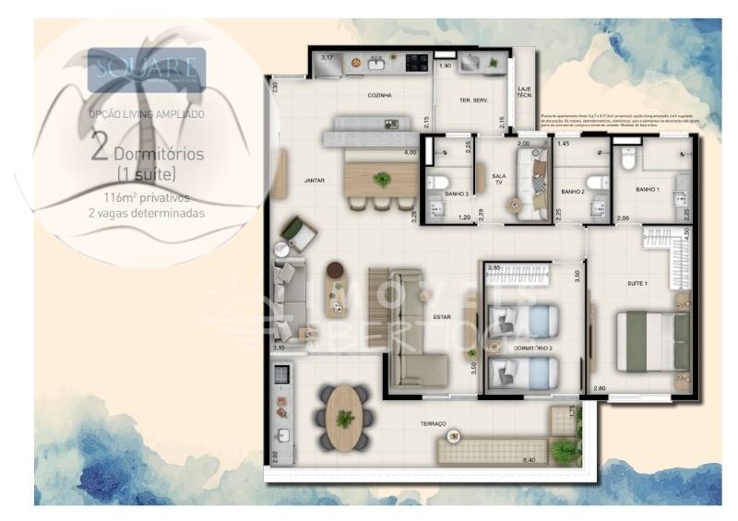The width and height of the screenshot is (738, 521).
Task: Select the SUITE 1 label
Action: pos(637,284)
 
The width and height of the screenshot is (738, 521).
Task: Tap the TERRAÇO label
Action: pos(432,423)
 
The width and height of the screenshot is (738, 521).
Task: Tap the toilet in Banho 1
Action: pos(629,159)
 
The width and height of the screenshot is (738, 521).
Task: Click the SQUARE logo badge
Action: pos(146,69)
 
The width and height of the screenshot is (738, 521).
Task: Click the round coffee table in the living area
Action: pos(334,270)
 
